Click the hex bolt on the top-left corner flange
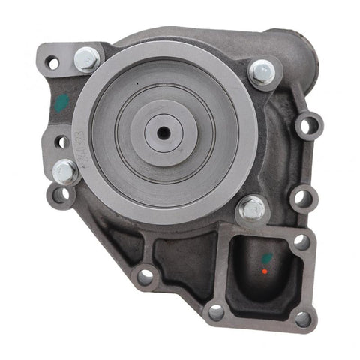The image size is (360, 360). coord(88,57)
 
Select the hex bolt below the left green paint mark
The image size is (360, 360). coord(65,172)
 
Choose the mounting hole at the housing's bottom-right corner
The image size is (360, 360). coord(303,318)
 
